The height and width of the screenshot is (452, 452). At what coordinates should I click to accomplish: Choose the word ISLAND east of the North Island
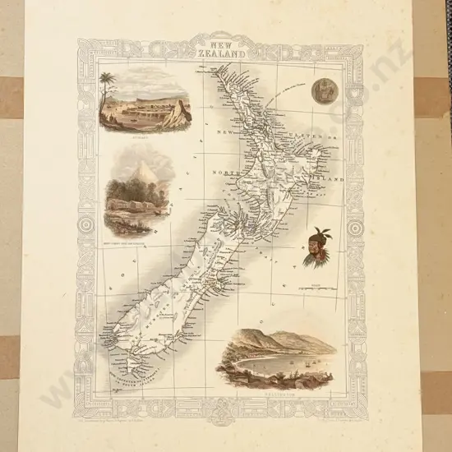(x=324, y=176)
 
